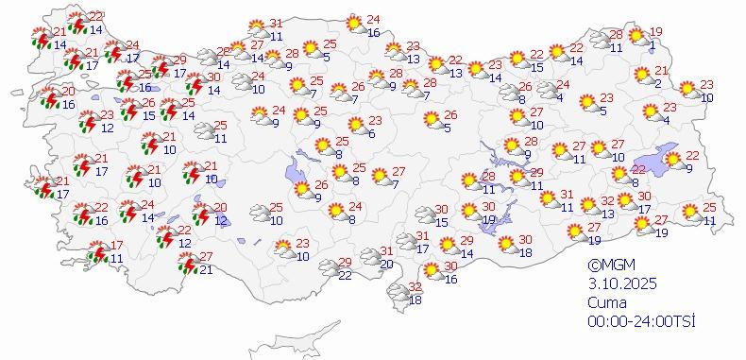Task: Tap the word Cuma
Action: (604, 302)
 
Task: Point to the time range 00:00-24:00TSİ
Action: (640, 321)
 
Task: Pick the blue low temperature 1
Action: (654, 43)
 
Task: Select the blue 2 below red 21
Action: (658, 84)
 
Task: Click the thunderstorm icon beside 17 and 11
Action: (97, 253)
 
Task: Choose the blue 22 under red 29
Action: (346, 275)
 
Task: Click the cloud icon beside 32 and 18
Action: (395, 296)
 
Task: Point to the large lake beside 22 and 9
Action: (647, 163)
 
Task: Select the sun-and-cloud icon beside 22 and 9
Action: (672, 161)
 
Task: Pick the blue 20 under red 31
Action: (387, 264)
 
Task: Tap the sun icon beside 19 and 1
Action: (636, 37)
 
